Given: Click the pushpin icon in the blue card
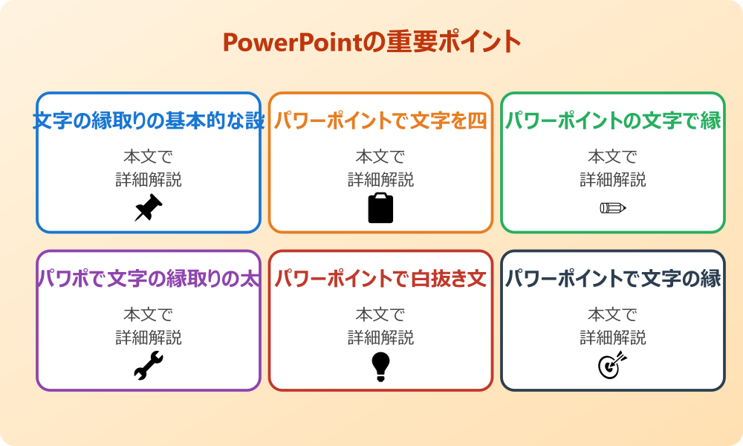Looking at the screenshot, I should click(149, 208).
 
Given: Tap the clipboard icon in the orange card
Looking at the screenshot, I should click(380, 208).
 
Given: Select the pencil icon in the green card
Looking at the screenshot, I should click(613, 207).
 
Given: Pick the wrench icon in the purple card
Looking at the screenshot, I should click(149, 366).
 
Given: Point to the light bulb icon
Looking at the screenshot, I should click(380, 366).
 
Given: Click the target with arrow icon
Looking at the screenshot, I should click(613, 366).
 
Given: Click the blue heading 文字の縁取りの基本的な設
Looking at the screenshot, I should click(149, 120).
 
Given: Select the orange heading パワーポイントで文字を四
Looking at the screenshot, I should click(380, 120).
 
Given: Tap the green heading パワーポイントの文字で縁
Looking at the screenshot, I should click(613, 120).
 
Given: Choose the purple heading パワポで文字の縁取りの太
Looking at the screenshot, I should click(149, 279).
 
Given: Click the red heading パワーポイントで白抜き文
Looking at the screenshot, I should click(380, 279).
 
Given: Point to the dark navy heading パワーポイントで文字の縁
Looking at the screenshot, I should click(613, 279).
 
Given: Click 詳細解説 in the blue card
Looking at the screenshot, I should click(149, 180).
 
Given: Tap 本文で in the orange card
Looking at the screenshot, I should click(380, 157).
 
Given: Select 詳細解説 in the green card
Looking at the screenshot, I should click(613, 180).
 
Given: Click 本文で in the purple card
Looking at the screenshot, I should click(149, 315).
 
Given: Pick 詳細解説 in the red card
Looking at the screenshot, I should click(380, 338).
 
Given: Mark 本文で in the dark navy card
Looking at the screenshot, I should click(613, 315).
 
